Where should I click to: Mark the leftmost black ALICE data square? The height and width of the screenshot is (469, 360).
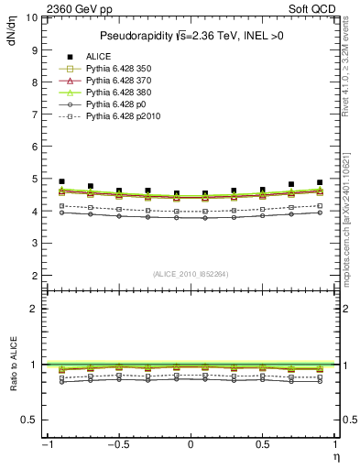[x=61, y=181]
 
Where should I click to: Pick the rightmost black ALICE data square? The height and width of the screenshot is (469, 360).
[x=320, y=182]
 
